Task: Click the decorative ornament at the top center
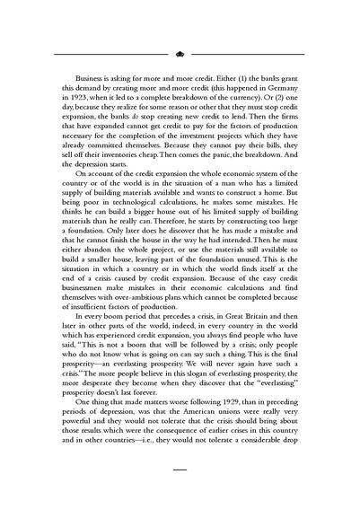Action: point(180,53)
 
